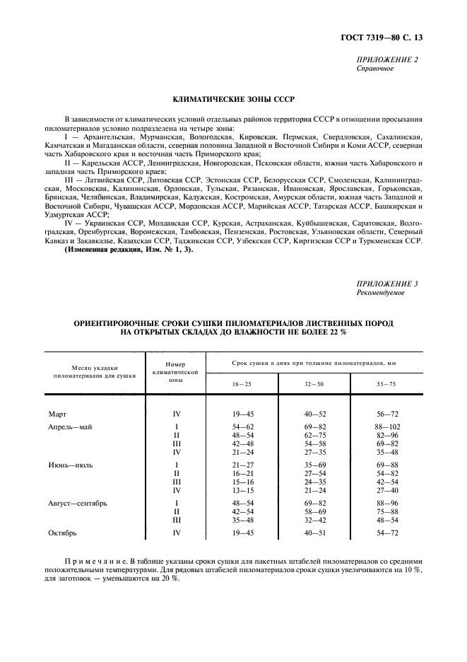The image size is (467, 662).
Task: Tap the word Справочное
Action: pyautogui.click(x=376, y=69)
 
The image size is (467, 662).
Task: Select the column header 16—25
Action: pyautogui.click(x=242, y=383)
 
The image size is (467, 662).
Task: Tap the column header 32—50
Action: pyautogui.click(x=314, y=383)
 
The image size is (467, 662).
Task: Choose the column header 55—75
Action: pyautogui.click(x=386, y=383)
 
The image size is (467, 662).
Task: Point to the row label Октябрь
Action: pyautogui.click(x=62, y=531)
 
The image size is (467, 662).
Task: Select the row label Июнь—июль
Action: pyautogui.click(x=71, y=465)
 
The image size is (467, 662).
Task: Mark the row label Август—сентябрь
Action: pyautogui.click(x=78, y=502)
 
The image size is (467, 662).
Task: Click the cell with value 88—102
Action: pyautogui.click(x=386, y=427)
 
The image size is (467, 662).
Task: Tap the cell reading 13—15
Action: pyautogui.click(x=242, y=489)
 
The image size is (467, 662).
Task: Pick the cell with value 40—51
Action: pyautogui.click(x=314, y=531)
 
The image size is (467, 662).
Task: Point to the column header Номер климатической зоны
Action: pyautogui.click(x=170, y=371)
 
